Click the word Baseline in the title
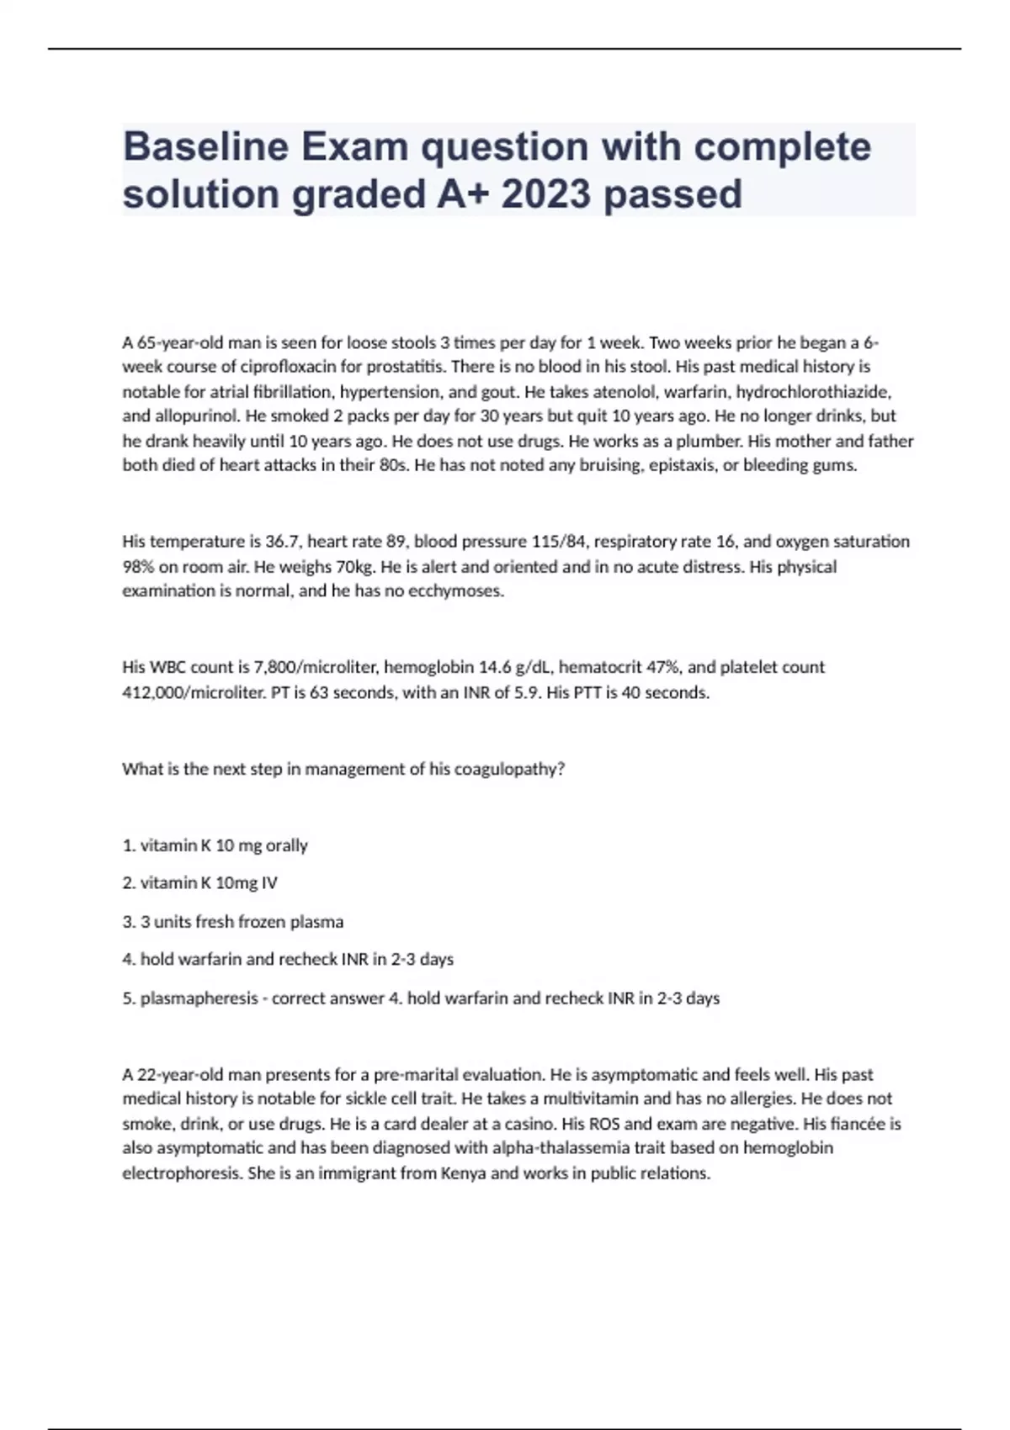pyautogui.click(x=205, y=146)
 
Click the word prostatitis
pyautogui.click(x=407, y=367)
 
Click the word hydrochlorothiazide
pyautogui.click(x=813, y=391)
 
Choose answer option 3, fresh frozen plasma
pyautogui.click(x=242, y=922)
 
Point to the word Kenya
pyautogui.click(x=463, y=1173)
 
